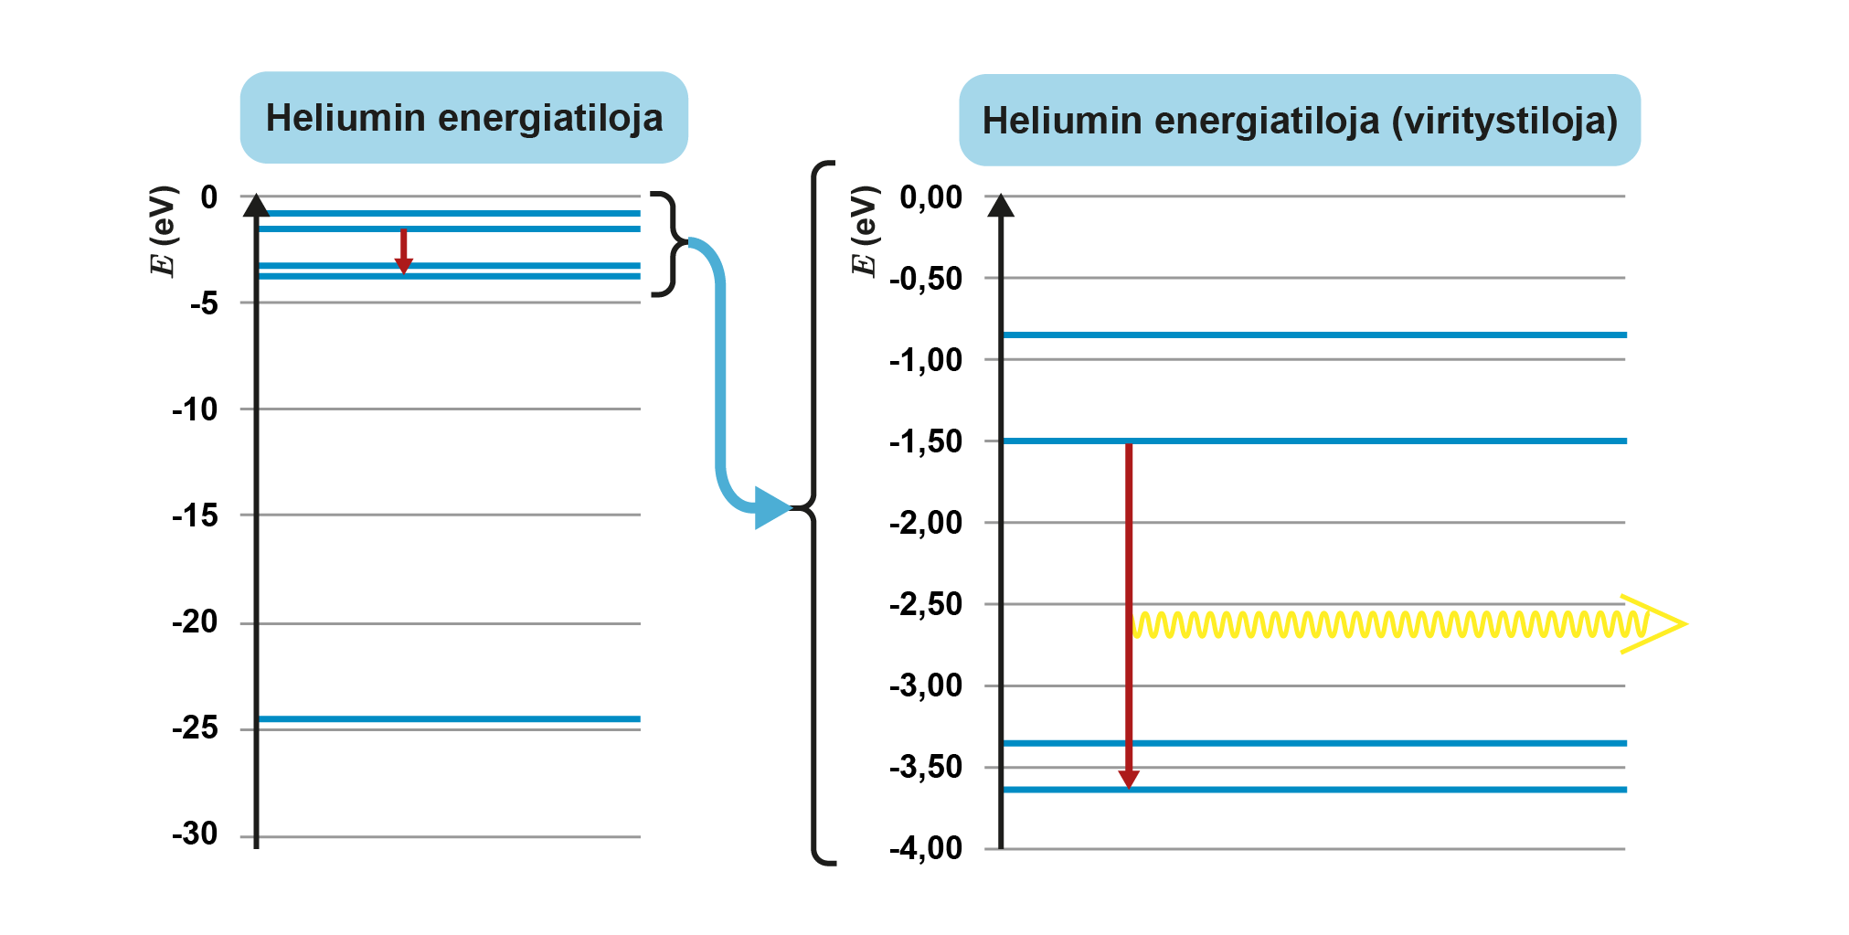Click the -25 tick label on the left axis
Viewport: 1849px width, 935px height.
[195, 728]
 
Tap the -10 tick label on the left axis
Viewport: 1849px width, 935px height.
[195, 409]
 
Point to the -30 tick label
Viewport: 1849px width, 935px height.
[195, 834]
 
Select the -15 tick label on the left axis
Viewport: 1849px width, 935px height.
[195, 515]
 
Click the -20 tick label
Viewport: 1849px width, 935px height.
[195, 622]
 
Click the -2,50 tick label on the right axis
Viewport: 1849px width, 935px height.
[925, 603]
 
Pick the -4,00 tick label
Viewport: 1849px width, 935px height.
[925, 847]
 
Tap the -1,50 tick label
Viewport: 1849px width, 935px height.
[925, 441]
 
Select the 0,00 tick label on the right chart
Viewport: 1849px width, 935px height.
[930, 197]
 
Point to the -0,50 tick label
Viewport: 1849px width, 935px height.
[925, 278]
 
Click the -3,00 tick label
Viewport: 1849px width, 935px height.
[925, 685]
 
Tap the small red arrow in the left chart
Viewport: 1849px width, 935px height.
[403, 250]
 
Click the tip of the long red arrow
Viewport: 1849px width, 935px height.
[1129, 783]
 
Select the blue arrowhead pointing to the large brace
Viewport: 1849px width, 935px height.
[772, 508]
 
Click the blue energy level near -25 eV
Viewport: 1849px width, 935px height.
[448, 719]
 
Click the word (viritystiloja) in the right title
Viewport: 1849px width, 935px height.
[1504, 121]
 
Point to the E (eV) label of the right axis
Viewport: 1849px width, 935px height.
[864, 230]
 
